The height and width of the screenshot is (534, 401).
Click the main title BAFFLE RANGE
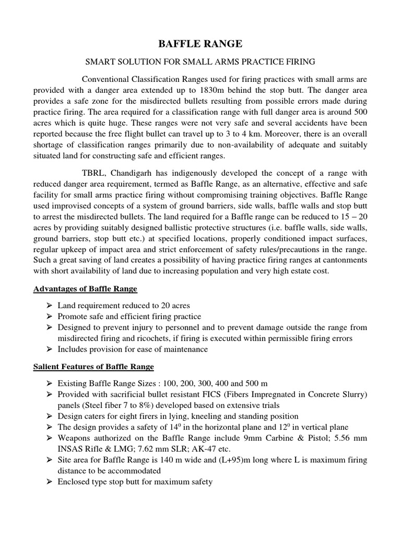coord(200,43)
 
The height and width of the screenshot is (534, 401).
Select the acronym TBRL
coord(95,173)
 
